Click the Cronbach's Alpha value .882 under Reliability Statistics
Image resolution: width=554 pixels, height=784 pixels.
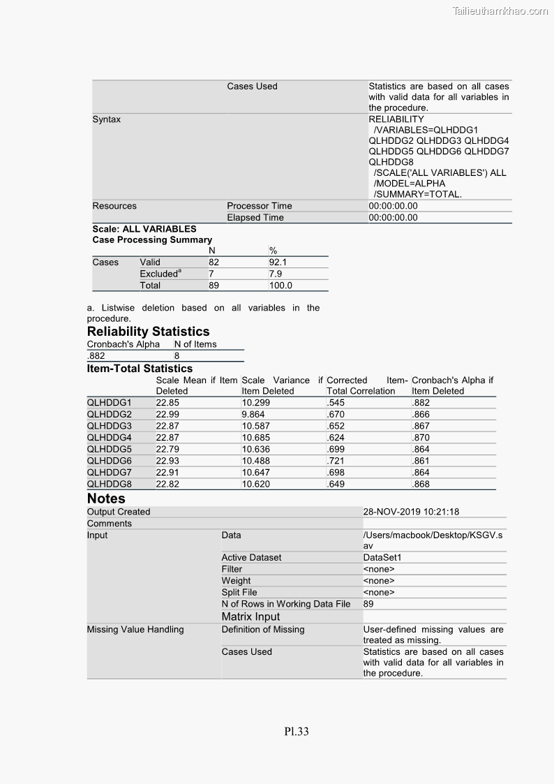pos(96,355)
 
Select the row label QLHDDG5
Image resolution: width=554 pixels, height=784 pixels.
pos(109,449)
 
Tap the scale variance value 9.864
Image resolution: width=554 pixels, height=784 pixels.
pos(254,414)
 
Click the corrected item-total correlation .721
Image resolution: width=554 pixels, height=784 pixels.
pos(336,461)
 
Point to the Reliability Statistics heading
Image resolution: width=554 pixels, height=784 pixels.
pos(148,332)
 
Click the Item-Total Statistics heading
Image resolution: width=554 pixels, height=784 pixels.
pos(140,369)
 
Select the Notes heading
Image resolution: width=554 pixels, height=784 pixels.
pos(106,498)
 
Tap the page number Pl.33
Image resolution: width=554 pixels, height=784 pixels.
pos(296,732)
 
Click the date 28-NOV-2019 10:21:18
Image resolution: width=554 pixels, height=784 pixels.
pos(411,512)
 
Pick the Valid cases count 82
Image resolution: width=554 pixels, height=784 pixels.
pos(214,262)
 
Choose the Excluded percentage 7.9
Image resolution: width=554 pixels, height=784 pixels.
pos(276,274)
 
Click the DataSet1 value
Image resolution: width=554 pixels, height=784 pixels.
pos(382,557)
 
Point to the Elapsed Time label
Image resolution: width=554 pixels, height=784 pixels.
pos(255,217)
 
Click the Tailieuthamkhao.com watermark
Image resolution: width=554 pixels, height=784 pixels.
pos(500,10)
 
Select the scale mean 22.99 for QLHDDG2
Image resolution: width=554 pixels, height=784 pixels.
pos(167,414)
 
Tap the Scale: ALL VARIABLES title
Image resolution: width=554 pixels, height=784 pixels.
pos(144,229)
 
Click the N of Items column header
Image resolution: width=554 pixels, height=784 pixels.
pos(195,344)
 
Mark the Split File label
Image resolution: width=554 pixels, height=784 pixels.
pos(239,592)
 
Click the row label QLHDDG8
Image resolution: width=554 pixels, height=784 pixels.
pos(109,484)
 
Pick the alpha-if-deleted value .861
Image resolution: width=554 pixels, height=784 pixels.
pos(421,461)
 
